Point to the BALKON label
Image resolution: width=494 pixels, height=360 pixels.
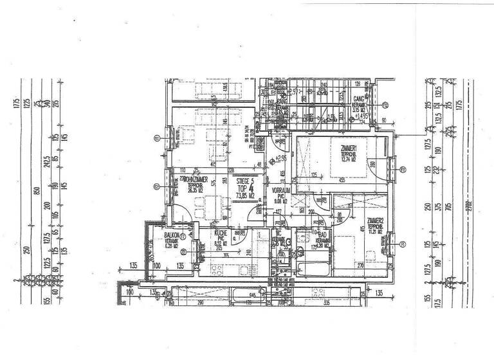coord(171,235)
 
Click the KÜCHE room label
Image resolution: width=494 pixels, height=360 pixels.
coord(220,235)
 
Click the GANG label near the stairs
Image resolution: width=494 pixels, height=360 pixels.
coord(358,100)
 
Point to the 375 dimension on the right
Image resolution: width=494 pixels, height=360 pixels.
coord(444,206)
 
